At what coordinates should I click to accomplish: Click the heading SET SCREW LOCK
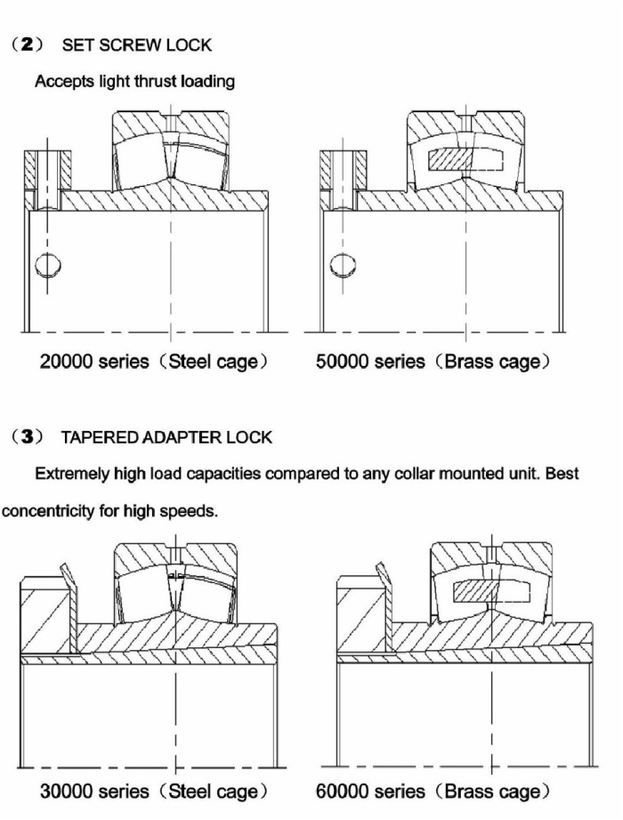[137, 45]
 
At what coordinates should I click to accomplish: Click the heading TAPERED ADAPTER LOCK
[166, 437]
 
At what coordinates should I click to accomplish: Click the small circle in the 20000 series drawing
[48, 265]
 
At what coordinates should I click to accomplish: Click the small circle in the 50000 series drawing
[344, 265]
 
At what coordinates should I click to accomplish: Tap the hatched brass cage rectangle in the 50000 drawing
[450, 160]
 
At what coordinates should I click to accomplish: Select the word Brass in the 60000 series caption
[467, 792]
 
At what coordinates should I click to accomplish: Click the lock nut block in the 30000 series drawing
[46, 614]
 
